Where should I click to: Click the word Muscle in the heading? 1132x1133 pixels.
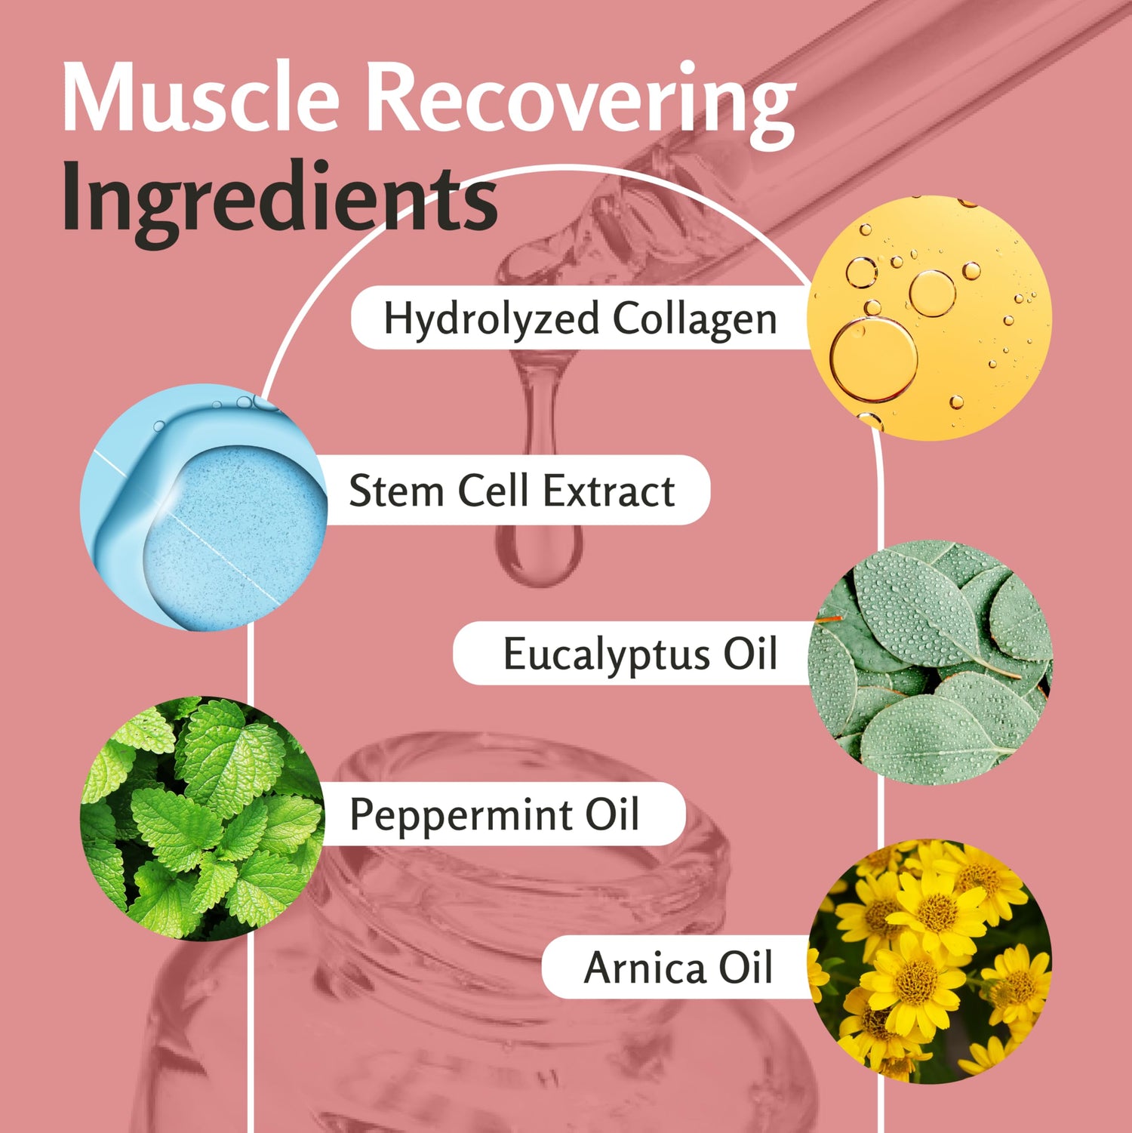pyautogui.click(x=200, y=98)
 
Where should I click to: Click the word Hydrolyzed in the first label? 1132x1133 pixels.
pyautogui.click(x=491, y=319)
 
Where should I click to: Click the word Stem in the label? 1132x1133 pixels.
pyautogui.click(x=396, y=491)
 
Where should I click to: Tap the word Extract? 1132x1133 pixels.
pyautogui.click(x=608, y=491)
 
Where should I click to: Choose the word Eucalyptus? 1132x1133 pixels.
pyautogui.click(x=607, y=654)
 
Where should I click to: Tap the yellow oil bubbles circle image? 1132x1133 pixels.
pyautogui.click(x=929, y=318)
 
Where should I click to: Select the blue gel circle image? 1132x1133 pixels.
pyautogui.click(x=204, y=507)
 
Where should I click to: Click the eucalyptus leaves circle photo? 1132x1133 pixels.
pyautogui.click(x=930, y=662)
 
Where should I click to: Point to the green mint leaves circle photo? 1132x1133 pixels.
pyautogui.click(x=202, y=818)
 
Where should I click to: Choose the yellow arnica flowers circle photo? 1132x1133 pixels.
pyautogui.click(x=930, y=961)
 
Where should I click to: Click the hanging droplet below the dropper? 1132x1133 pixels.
pyautogui.click(x=539, y=551)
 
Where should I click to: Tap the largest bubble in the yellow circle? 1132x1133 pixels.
pyautogui.click(x=873, y=360)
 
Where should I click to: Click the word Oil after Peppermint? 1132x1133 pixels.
pyautogui.click(x=612, y=814)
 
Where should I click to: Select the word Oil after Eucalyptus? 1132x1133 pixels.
pyautogui.click(x=750, y=654)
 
